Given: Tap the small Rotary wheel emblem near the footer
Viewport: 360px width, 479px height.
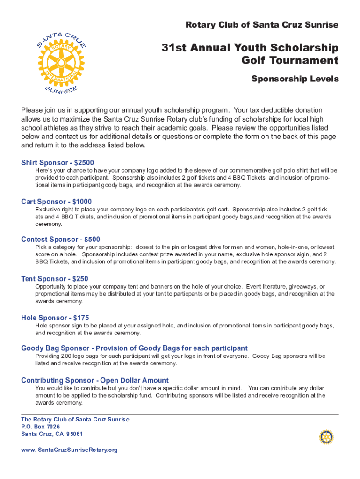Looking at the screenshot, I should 326,437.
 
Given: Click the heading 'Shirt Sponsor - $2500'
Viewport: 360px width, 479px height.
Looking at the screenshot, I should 58,163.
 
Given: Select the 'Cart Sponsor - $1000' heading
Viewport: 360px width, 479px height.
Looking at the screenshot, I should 57,202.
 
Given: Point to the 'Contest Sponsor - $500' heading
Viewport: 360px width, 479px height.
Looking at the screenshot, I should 61,239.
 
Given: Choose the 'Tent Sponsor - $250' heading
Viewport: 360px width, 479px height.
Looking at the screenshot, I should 55,279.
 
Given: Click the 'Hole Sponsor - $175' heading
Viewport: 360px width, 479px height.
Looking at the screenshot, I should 55,318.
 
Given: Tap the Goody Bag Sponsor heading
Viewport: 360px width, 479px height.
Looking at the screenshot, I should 134,348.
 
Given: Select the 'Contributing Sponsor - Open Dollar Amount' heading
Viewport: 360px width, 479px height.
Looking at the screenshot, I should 95,380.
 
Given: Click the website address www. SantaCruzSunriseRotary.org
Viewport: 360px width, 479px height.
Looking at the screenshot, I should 69,450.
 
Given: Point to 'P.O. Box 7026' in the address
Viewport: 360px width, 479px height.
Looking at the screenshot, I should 41,427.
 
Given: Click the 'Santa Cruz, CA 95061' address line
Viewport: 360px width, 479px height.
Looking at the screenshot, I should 52,434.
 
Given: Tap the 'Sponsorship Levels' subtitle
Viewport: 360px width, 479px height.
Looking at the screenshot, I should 295,79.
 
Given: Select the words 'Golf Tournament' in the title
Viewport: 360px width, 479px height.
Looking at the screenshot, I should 290,60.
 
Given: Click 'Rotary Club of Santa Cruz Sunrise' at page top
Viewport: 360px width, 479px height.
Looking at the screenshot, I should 262,25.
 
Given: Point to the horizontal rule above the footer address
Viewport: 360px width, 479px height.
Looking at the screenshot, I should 180,414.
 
